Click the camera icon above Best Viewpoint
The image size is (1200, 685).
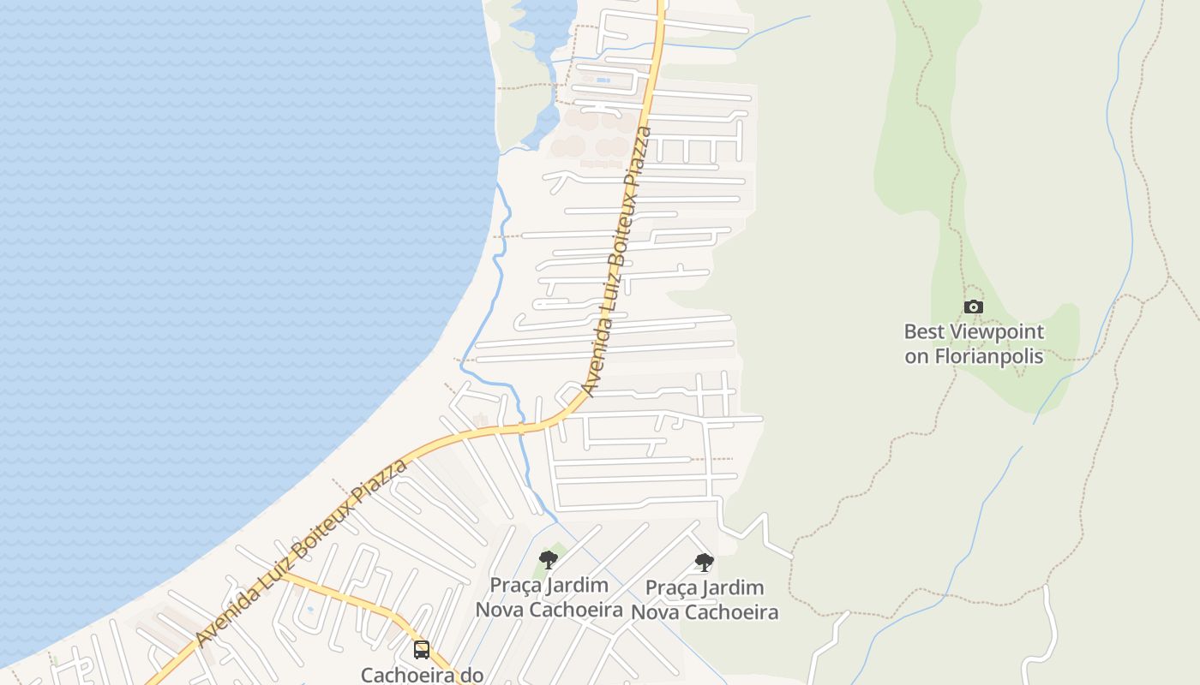pos(973,307)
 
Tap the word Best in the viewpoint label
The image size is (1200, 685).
pos(924,332)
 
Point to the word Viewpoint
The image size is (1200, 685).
pos(996,332)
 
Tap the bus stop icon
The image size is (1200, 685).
pos(421,649)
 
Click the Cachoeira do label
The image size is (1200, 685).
pos(422,675)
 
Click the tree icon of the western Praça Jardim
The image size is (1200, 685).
pos(549,560)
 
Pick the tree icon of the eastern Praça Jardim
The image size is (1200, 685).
pos(705,563)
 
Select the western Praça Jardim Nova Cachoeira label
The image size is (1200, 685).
pos(549,598)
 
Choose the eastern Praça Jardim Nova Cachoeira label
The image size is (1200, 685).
pos(705,600)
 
